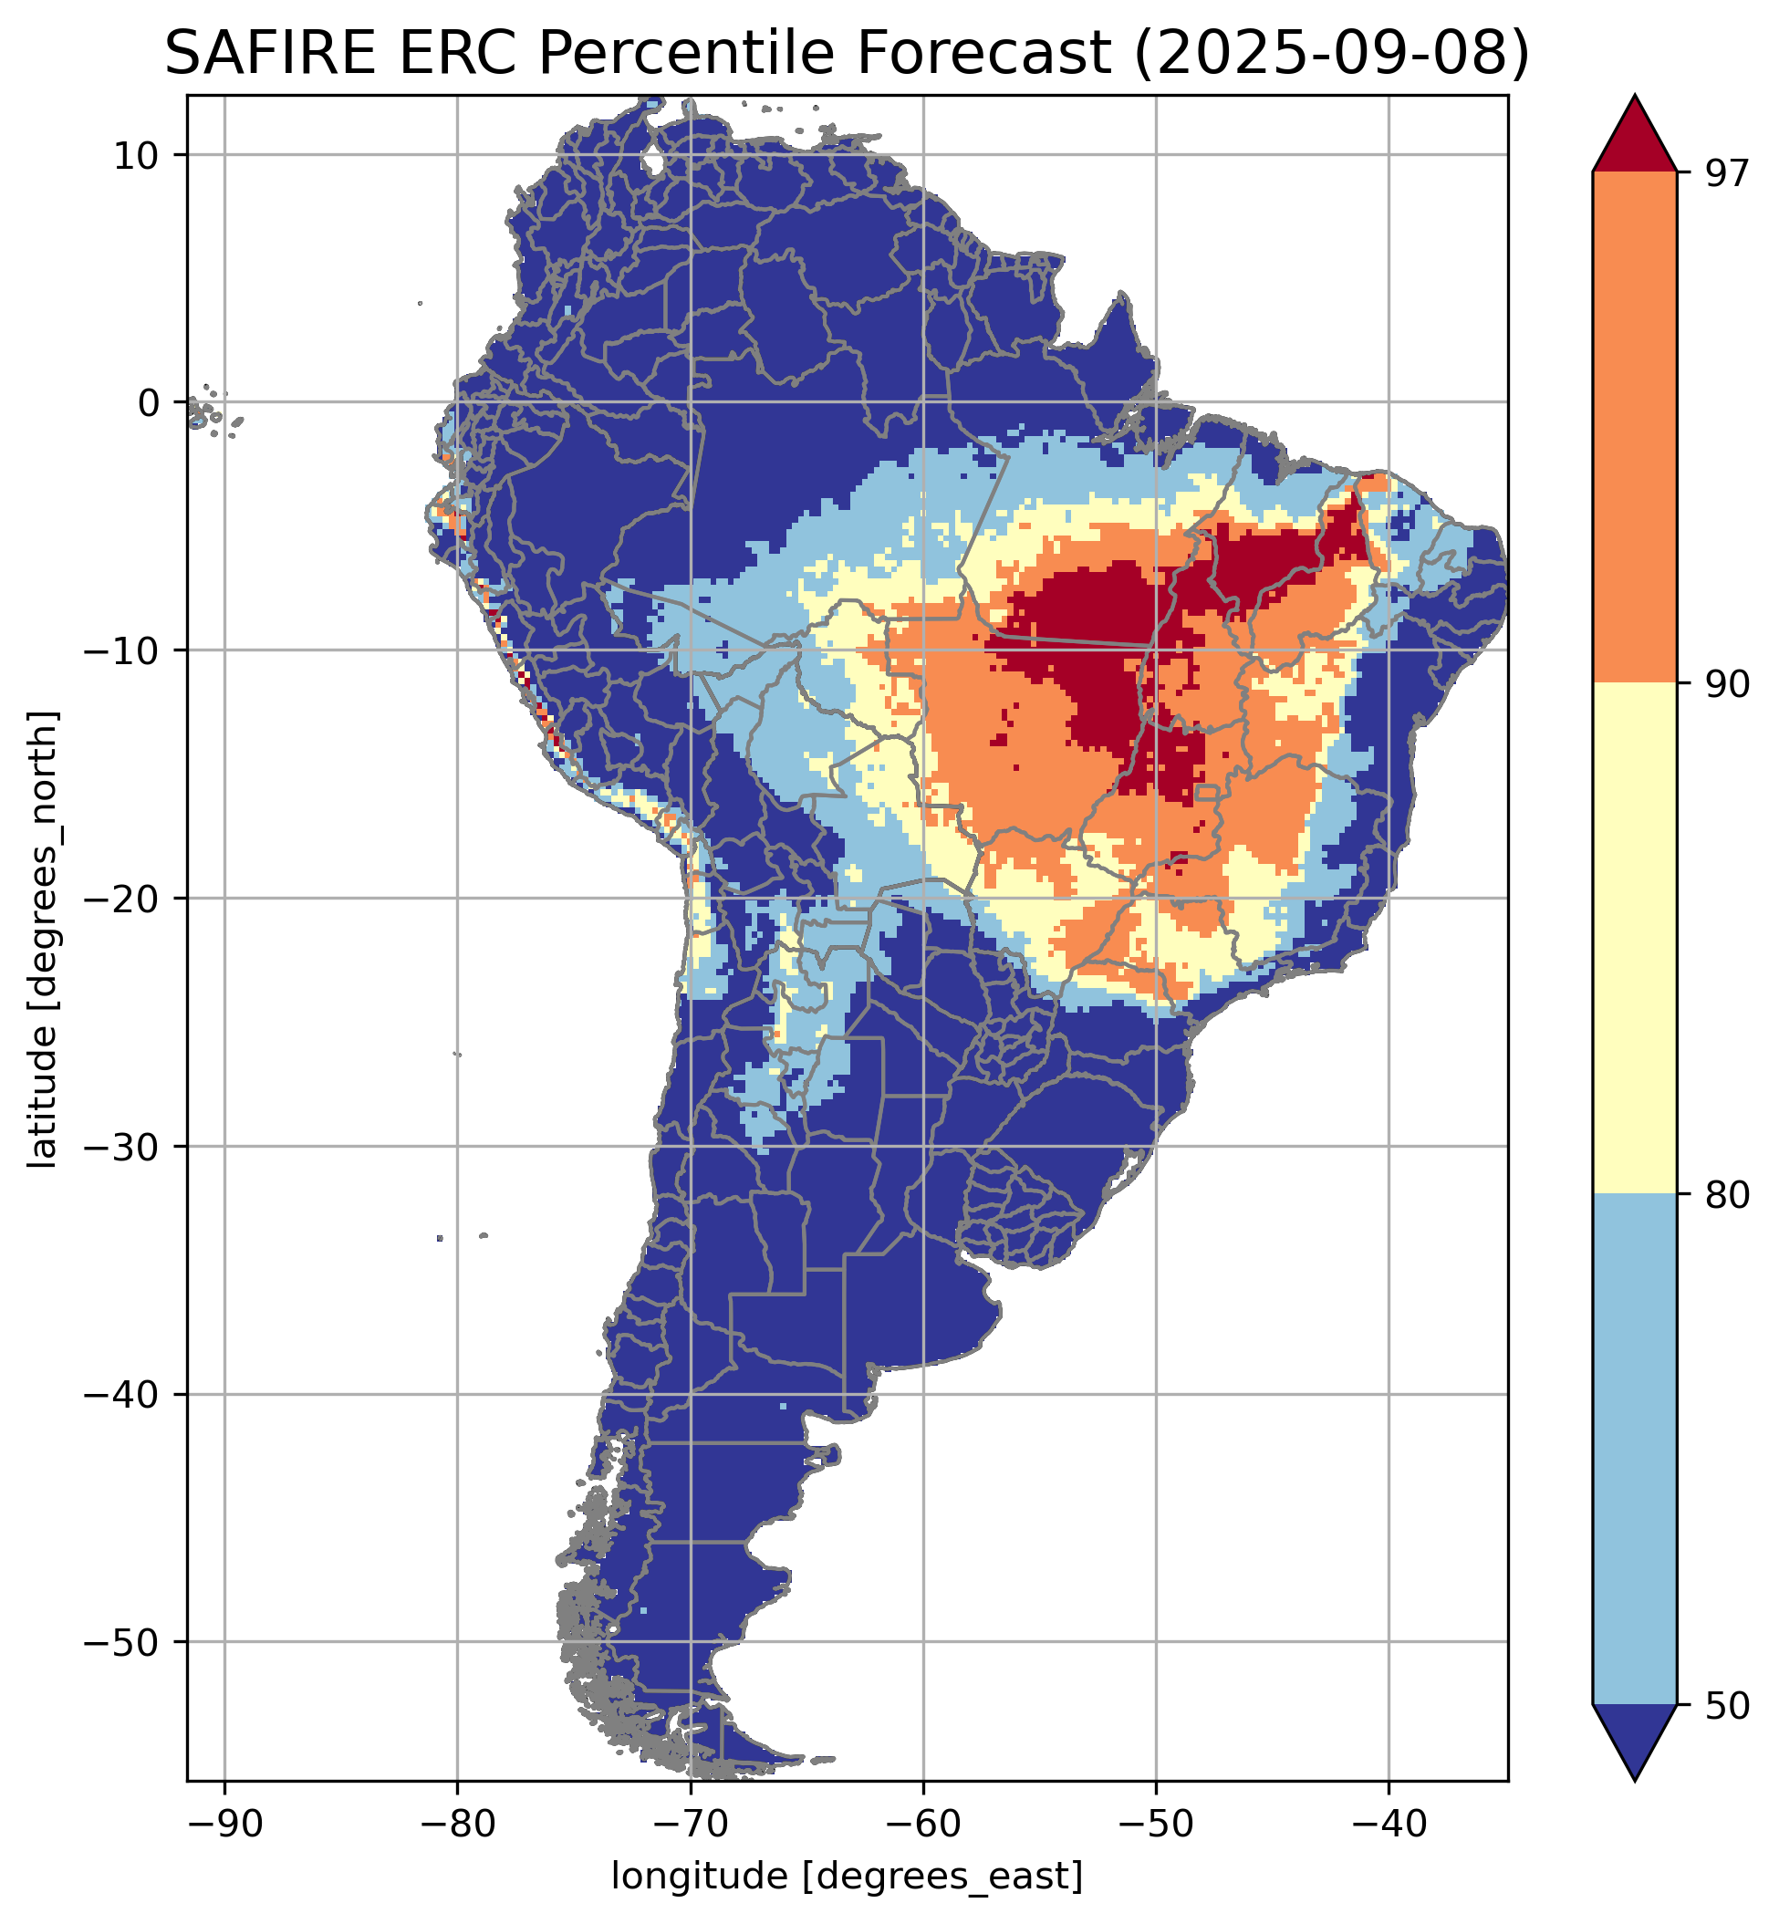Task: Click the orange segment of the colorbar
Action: click(1635, 428)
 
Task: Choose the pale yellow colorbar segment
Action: click(1635, 939)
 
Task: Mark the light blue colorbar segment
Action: click(1635, 1449)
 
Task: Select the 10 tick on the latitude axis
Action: click(136, 154)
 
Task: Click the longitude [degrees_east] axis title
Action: click(848, 1877)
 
